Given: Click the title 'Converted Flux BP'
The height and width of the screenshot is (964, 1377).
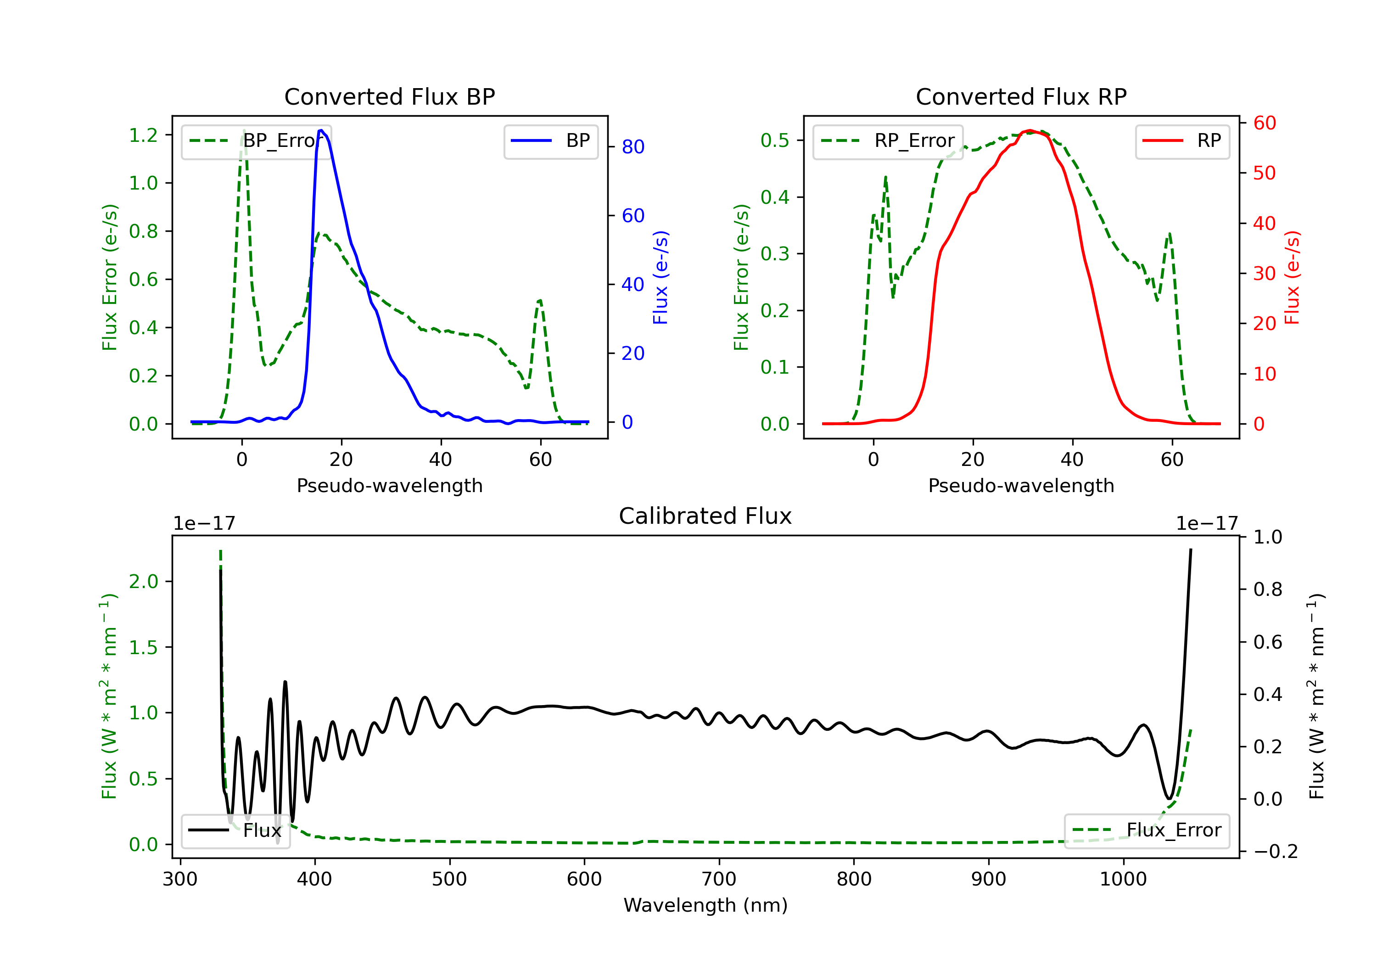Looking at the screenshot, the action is (x=389, y=96).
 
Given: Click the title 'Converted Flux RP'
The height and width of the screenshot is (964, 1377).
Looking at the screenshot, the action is (x=1021, y=96).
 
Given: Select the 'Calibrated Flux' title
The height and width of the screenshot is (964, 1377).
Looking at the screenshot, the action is (x=705, y=516).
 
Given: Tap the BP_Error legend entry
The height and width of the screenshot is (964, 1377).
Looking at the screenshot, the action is (x=256, y=141).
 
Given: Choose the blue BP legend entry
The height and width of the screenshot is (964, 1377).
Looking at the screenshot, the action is (x=550, y=141).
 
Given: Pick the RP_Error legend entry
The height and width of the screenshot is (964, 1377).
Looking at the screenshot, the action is (x=888, y=141).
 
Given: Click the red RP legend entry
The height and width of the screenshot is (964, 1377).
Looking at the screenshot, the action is (x=1182, y=141).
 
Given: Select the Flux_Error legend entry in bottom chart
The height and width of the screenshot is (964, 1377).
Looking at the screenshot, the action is (x=1147, y=830).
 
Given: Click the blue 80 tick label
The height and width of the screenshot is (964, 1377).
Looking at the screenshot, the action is (x=633, y=147).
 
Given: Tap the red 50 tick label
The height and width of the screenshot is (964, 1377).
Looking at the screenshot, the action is (x=1264, y=174).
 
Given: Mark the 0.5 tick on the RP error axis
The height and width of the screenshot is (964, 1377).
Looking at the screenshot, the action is (x=775, y=140).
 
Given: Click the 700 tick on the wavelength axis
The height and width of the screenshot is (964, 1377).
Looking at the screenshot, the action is (x=719, y=880).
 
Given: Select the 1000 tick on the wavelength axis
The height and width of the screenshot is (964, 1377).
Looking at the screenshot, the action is (x=1123, y=880).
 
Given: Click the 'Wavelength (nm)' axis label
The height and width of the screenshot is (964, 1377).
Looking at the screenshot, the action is (x=705, y=905).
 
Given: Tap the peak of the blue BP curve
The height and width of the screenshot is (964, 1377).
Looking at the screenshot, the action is (x=321, y=130).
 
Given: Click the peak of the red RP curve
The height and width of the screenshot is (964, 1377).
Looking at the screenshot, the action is (x=1030, y=130).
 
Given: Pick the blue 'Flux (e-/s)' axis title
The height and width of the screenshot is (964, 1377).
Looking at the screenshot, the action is (x=661, y=277).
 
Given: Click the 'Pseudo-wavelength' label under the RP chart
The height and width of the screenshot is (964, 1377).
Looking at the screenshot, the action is (x=1021, y=486).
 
